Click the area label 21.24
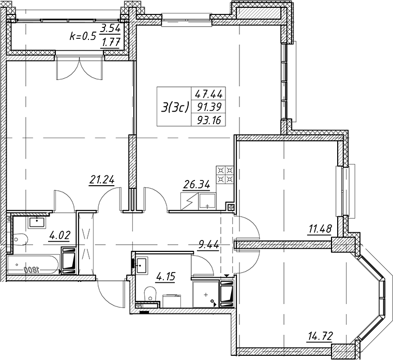click(x=102, y=180)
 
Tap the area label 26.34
click(x=196, y=185)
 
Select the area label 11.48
click(x=320, y=229)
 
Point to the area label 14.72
click(x=320, y=335)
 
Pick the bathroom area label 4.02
click(x=59, y=235)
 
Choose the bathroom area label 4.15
click(x=165, y=277)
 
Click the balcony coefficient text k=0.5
click(x=83, y=37)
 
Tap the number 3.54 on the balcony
click(x=110, y=29)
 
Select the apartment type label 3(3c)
click(x=174, y=109)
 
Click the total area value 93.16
click(x=209, y=121)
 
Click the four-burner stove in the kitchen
click(x=225, y=174)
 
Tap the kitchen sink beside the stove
click(x=207, y=202)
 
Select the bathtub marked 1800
click(x=33, y=265)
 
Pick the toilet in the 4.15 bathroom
click(x=150, y=294)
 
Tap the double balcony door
click(x=80, y=68)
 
